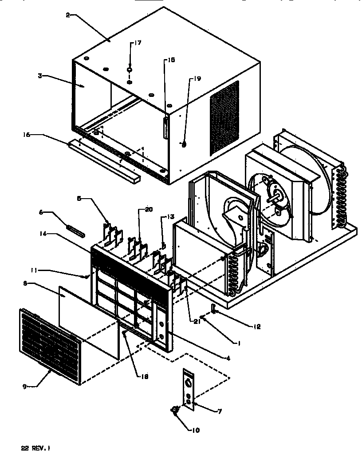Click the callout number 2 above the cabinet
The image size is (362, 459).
[x=67, y=15]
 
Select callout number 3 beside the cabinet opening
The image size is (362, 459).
[x=39, y=76]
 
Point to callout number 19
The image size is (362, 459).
[x=196, y=79]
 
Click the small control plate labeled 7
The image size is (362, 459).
[x=189, y=387]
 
